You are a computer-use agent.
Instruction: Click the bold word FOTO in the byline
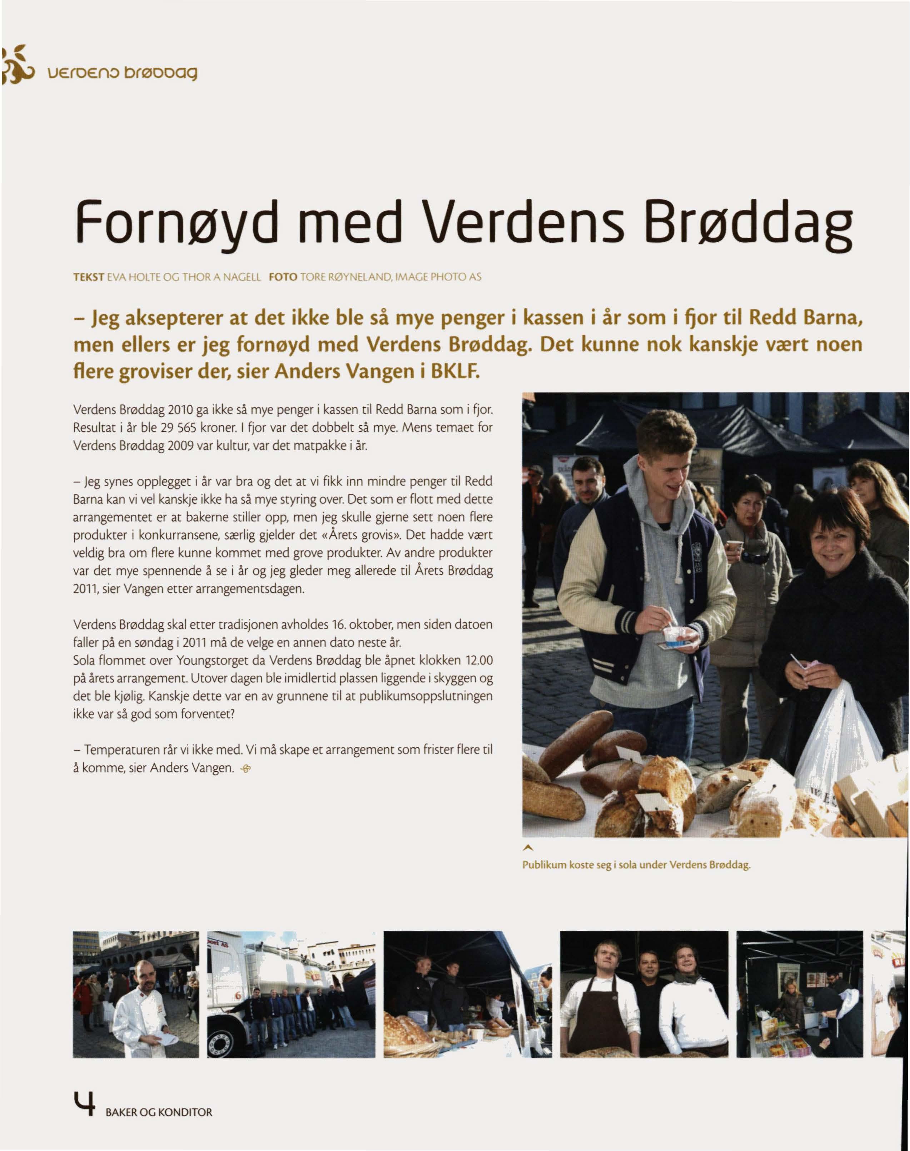coord(283,277)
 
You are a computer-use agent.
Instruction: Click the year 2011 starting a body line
coord(83,590)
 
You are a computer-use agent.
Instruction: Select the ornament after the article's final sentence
coord(245,768)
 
